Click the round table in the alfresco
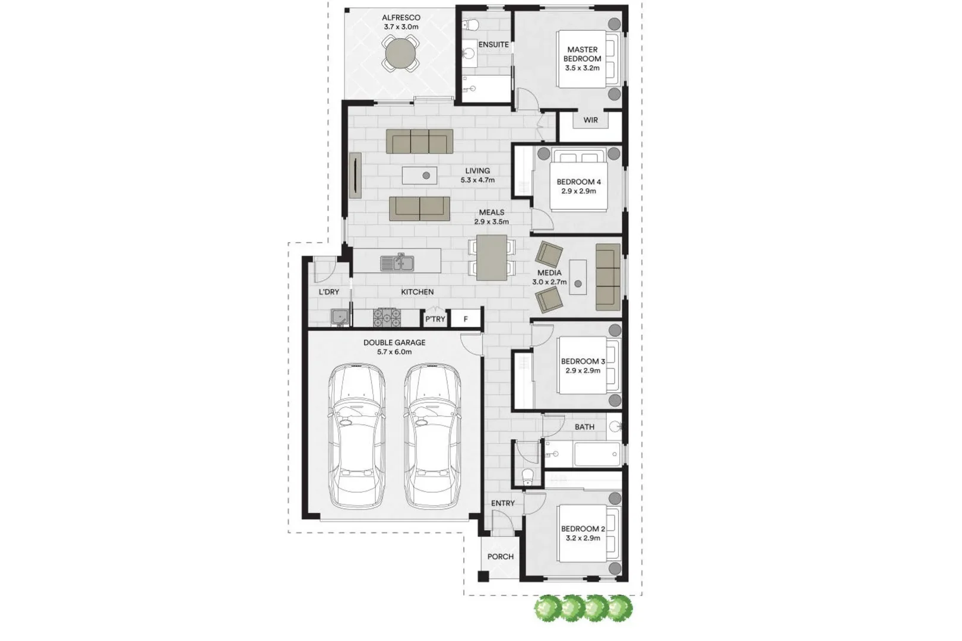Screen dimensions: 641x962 [x=401, y=53]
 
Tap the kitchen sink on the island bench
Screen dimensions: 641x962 [x=397, y=262]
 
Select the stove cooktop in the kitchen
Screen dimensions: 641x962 [x=387, y=318]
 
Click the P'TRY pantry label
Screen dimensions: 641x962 [x=435, y=319]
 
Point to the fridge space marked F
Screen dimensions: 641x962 [x=466, y=319]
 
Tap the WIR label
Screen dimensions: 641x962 [x=590, y=120]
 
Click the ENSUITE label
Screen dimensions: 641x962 [x=493, y=45]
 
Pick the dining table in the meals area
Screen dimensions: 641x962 [x=492, y=258]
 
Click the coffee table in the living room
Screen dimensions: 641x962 [x=420, y=176]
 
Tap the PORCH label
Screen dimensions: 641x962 [x=501, y=557]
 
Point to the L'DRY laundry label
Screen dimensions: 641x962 [x=329, y=292]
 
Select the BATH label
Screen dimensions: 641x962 [x=584, y=427]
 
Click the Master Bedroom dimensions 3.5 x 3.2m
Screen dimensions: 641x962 [x=583, y=68]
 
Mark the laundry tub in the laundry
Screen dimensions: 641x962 [x=340, y=318]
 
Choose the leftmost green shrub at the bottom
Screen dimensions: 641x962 [x=548, y=608]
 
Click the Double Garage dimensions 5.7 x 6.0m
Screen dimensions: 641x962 [x=394, y=352]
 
